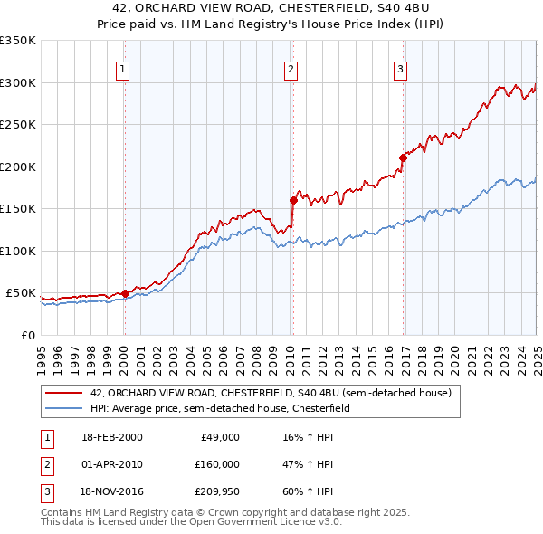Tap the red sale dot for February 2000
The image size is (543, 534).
coord(125,293)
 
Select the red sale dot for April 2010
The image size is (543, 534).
coord(292,200)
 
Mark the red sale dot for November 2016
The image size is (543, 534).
coord(403,157)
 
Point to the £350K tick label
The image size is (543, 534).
coord(18,41)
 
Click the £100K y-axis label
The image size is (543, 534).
coord(18,251)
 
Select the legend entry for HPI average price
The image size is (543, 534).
coord(225,408)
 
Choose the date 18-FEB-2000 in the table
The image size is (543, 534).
coord(110,436)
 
